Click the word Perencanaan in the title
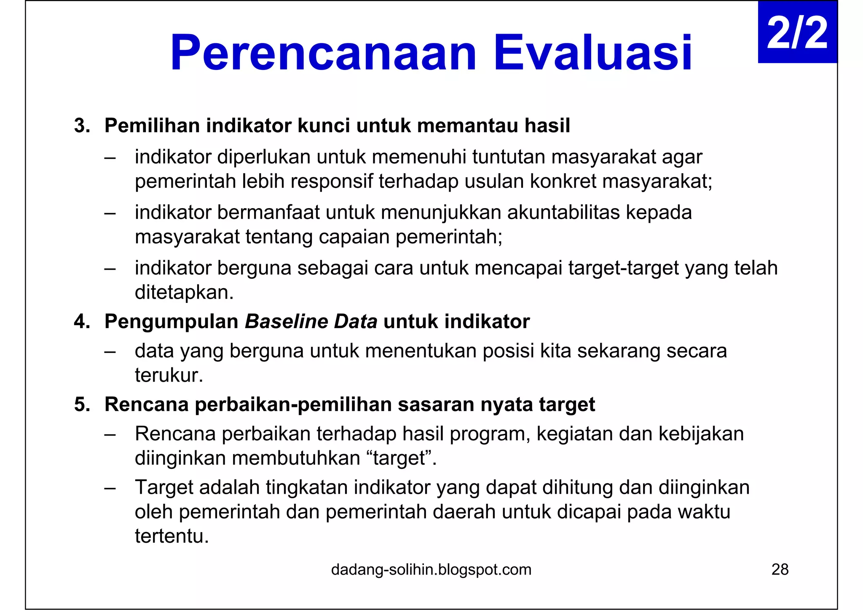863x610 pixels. [x=323, y=53]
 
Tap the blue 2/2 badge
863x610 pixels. [x=797, y=33]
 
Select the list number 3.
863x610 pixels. [x=82, y=126]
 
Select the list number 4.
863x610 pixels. [x=82, y=322]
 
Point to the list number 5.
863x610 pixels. [x=82, y=404]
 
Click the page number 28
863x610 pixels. [x=780, y=570]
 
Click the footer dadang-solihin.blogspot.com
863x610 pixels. [x=431, y=570]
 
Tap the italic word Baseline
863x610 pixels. [x=286, y=322]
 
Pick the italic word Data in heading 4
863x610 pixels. [x=355, y=322]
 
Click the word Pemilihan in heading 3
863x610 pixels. [x=152, y=126]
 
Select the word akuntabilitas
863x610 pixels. [x=563, y=212]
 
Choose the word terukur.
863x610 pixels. [x=169, y=375]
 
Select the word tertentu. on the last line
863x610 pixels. [x=172, y=536]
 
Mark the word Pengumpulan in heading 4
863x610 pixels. [x=171, y=322]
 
